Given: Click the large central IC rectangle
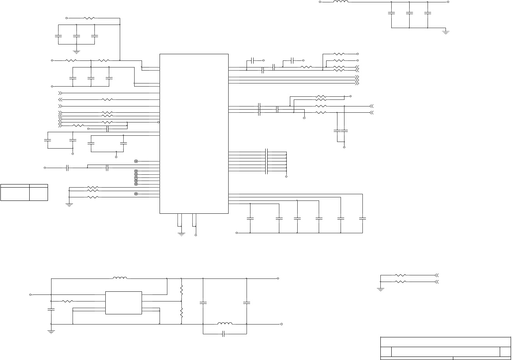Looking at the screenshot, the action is click(x=194, y=133).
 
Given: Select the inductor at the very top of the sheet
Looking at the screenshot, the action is click(x=341, y=2).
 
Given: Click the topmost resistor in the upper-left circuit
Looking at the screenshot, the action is click(x=89, y=18).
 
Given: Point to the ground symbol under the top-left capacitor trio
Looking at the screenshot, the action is click(x=76, y=51).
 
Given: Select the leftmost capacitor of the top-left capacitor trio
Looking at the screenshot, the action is click(x=58, y=36).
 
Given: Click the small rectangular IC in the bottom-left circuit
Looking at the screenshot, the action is click(x=124, y=303).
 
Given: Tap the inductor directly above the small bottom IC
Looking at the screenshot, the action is click(x=120, y=278).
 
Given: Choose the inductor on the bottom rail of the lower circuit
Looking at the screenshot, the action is click(x=225, y=324).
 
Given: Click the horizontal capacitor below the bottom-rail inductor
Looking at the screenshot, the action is click(x=224, y=334).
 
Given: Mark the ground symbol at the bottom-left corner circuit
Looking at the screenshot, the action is click(x=51, y=332).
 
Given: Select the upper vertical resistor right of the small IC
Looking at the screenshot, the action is click(x=181, y=290).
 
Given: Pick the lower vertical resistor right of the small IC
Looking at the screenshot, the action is click(x=181, y=312).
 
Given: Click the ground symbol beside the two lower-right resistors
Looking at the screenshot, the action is click(x=380, y=289).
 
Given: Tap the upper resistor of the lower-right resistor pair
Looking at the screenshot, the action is click(x=400, y=275).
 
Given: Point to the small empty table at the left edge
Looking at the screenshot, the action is click(x=24, y=192).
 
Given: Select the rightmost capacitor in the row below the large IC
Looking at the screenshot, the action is click(x=362, y=218).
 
